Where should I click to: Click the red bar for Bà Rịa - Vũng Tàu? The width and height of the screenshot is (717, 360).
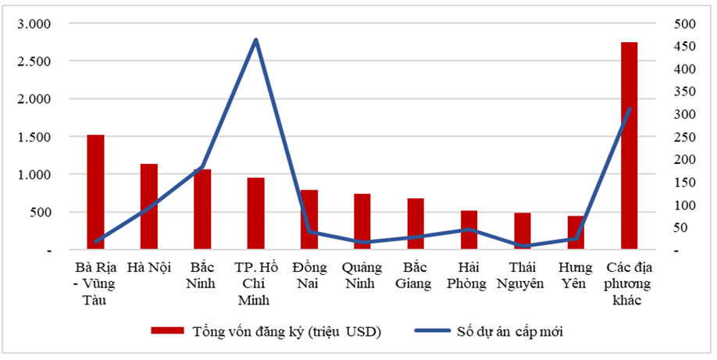tap(95, 192)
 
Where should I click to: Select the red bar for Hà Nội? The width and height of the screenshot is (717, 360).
tap(148, 207)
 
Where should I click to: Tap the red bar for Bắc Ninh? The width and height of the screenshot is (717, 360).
tap(202, 209)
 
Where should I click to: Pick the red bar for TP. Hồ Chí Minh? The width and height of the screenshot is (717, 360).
tap(255, 213)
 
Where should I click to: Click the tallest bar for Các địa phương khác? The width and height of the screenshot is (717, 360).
tap(629, 146)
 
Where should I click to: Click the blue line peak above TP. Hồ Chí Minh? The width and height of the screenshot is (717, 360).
tap(255, 40)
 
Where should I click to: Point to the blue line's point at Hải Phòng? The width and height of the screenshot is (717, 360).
tap(469, 230)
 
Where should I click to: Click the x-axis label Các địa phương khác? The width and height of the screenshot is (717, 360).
tap(629, 283)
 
